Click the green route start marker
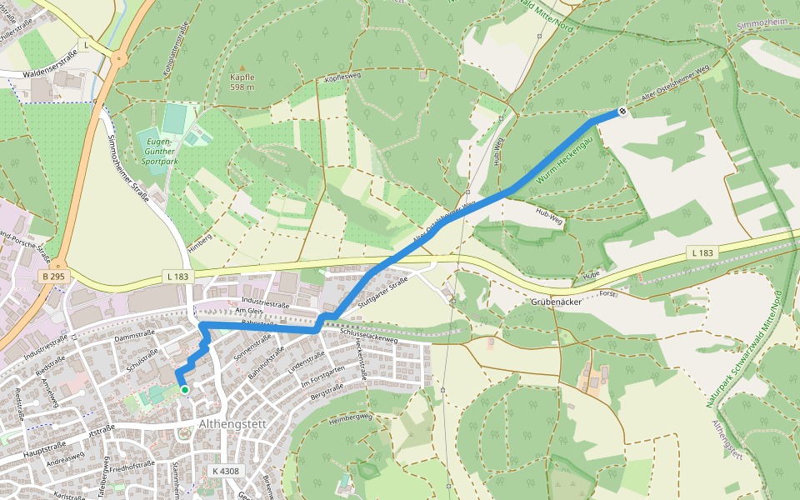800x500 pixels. pos(184,389)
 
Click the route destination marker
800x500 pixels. pos(622,112)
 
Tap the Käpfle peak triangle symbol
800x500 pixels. pos(242,68)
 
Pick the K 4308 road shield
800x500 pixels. pos(225,471)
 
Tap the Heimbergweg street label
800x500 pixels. pos(350,417)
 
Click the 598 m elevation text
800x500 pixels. pos(242,87)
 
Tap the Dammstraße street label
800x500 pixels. pos(136,337)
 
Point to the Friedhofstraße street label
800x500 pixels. pos(132,466)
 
